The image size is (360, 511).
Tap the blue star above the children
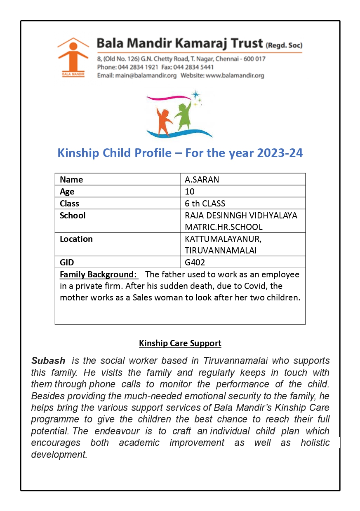click(195, 95)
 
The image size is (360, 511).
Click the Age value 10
click(190, 192)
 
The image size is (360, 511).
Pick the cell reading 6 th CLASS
click(205, 204)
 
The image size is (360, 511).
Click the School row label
click(73, 216)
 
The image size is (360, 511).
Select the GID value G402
click(195, 263)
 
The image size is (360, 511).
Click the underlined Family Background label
click(98, 274)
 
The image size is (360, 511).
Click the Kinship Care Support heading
click(180, 343)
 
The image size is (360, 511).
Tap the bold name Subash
click(48, 361)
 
